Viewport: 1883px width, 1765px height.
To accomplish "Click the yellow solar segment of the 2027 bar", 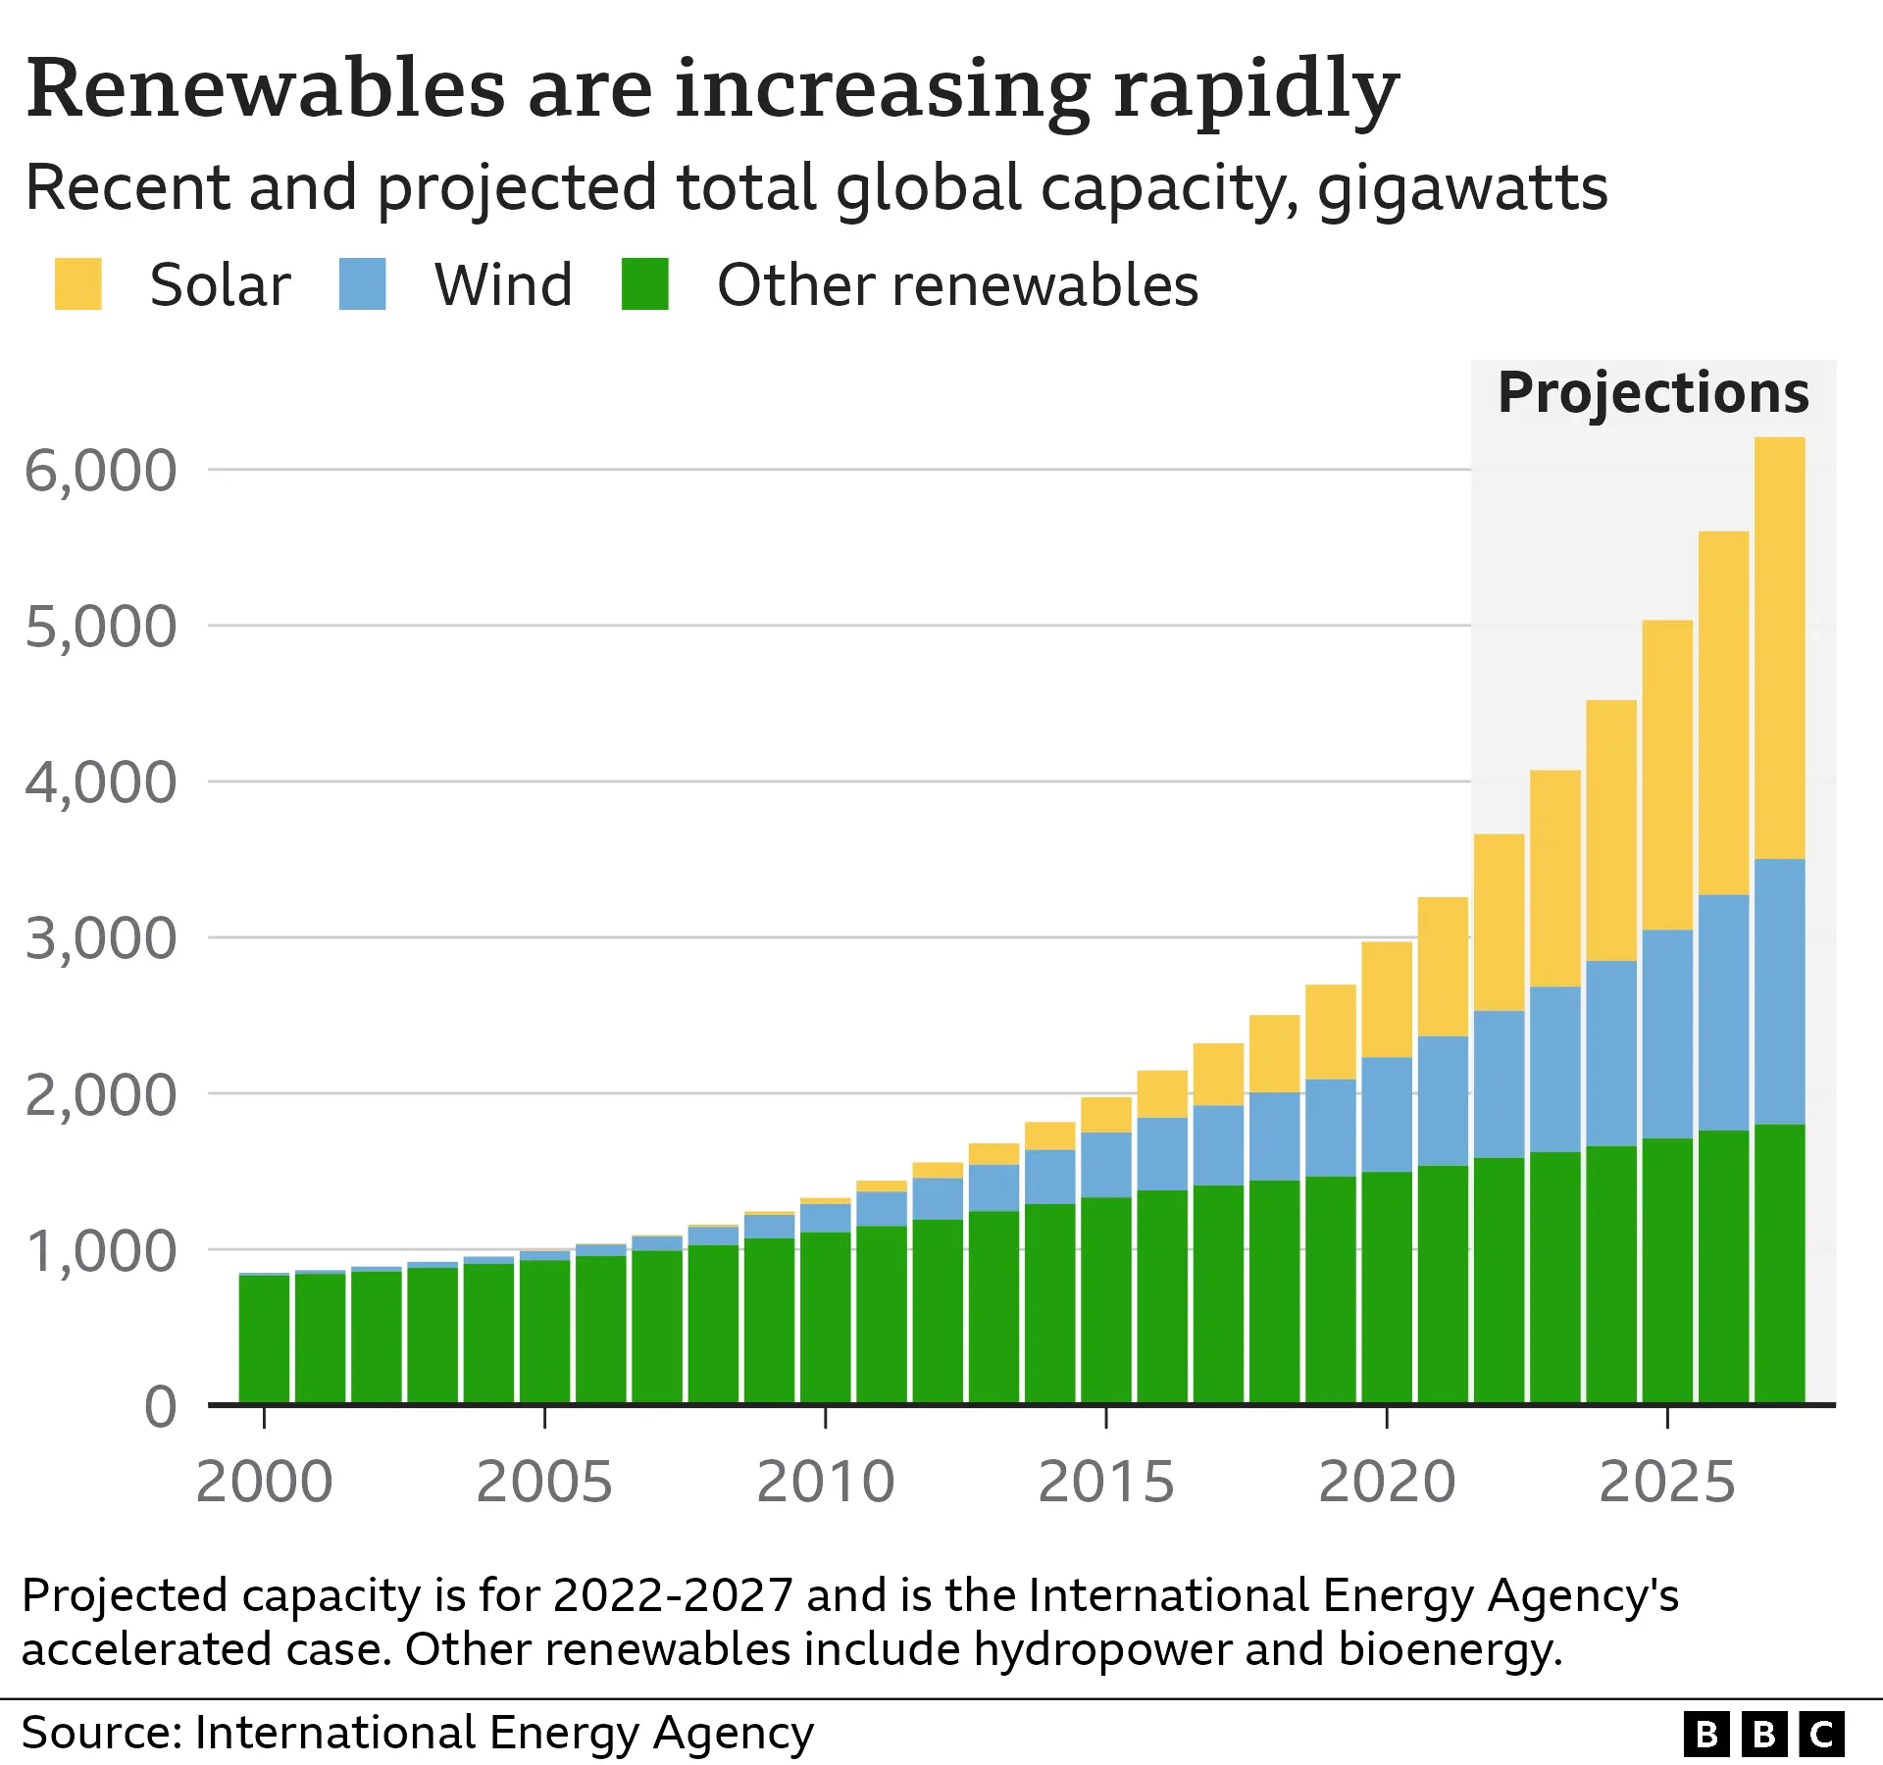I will tap(1779, 647).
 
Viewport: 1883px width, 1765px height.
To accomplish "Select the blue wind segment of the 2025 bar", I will tap(1667, 1034).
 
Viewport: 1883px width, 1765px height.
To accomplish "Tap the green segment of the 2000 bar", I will tap(264, 1338).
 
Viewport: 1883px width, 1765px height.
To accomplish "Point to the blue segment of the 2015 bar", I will tap(1106, 1164).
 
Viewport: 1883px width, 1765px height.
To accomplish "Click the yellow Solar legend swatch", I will tap(78, 284).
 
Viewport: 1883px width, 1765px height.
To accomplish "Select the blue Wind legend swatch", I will tap(362, 284).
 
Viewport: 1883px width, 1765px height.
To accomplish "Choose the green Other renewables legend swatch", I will tap(645, 284).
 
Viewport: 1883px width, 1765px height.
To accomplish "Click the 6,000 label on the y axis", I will tap(100, 471).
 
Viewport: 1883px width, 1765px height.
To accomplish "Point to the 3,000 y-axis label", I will tap(100, 938).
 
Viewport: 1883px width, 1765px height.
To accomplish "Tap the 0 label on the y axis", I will tap(160, 1407).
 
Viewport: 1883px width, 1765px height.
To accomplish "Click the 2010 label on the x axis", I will tap(825, 1482).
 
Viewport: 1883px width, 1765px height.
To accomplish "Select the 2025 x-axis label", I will tap(1667, 1482).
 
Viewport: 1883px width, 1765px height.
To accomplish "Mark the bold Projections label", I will tap(1654, 393).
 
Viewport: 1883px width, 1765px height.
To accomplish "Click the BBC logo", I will tap(1763, 1735).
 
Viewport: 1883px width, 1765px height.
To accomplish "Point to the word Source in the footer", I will tap(98, 1733).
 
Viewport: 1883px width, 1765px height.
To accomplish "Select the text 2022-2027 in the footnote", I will tap(673, 1595).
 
